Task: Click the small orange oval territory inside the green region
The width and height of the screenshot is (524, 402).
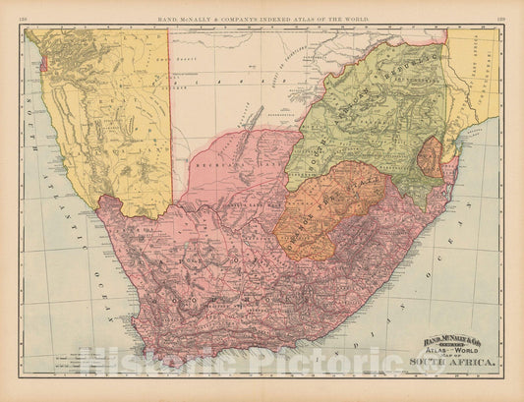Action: (429, 156)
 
